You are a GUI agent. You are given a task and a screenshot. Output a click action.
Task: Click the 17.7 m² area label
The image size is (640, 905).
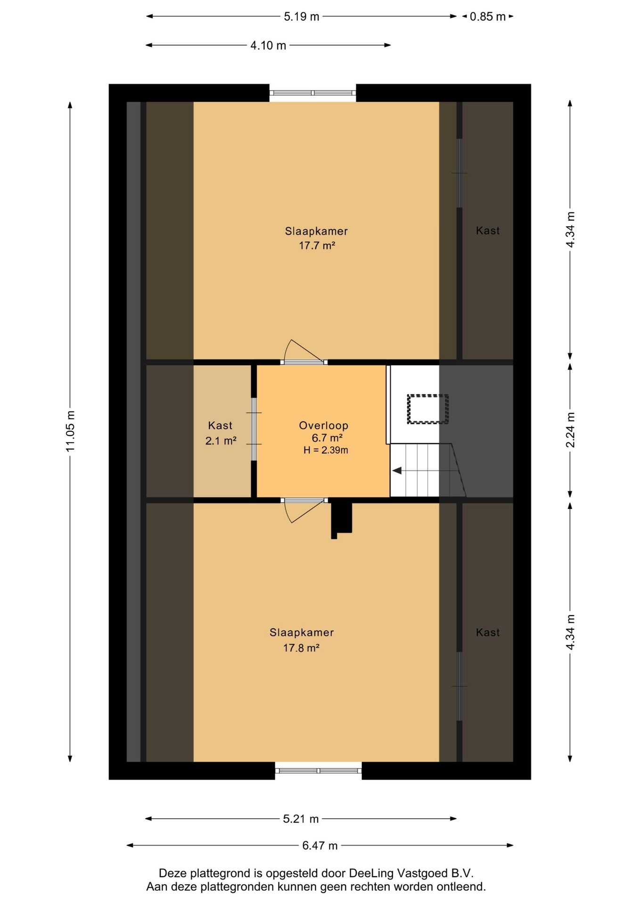tap(317, 246)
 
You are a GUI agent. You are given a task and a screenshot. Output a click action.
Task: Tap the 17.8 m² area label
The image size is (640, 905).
tap(301, 648)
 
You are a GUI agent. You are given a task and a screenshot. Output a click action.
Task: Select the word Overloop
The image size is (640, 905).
tap(323, 426)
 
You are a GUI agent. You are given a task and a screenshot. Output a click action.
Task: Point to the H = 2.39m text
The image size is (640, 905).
tap(326, 450)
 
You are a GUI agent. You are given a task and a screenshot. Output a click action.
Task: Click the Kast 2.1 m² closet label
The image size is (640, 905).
tap(221, 433)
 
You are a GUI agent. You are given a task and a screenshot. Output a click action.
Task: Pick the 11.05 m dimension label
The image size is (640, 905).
tap(70, 431)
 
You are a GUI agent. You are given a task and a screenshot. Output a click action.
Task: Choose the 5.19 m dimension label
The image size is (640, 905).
tap(302, 17)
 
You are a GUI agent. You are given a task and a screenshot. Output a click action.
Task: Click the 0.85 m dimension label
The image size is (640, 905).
tap(488, 17)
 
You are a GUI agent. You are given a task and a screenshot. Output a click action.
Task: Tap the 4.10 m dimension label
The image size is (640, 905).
tap(268, 46)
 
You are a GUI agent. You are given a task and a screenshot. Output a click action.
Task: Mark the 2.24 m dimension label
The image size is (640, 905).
tap(570, 430)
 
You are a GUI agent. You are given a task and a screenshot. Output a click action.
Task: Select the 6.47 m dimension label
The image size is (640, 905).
tap(320, 846)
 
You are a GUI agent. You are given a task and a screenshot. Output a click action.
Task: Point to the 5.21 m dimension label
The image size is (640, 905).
tap(301, 819)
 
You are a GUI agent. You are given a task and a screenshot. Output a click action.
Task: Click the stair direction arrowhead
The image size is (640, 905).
tap(397, 470)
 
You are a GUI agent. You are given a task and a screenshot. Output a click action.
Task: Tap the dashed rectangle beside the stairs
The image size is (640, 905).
tap(428, 409)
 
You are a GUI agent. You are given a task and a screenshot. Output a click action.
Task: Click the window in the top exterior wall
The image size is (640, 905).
tap(313, 93)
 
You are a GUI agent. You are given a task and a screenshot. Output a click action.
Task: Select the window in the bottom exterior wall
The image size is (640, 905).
tap(319, 771)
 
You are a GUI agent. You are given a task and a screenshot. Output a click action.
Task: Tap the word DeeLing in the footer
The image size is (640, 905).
tap(371, 873)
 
